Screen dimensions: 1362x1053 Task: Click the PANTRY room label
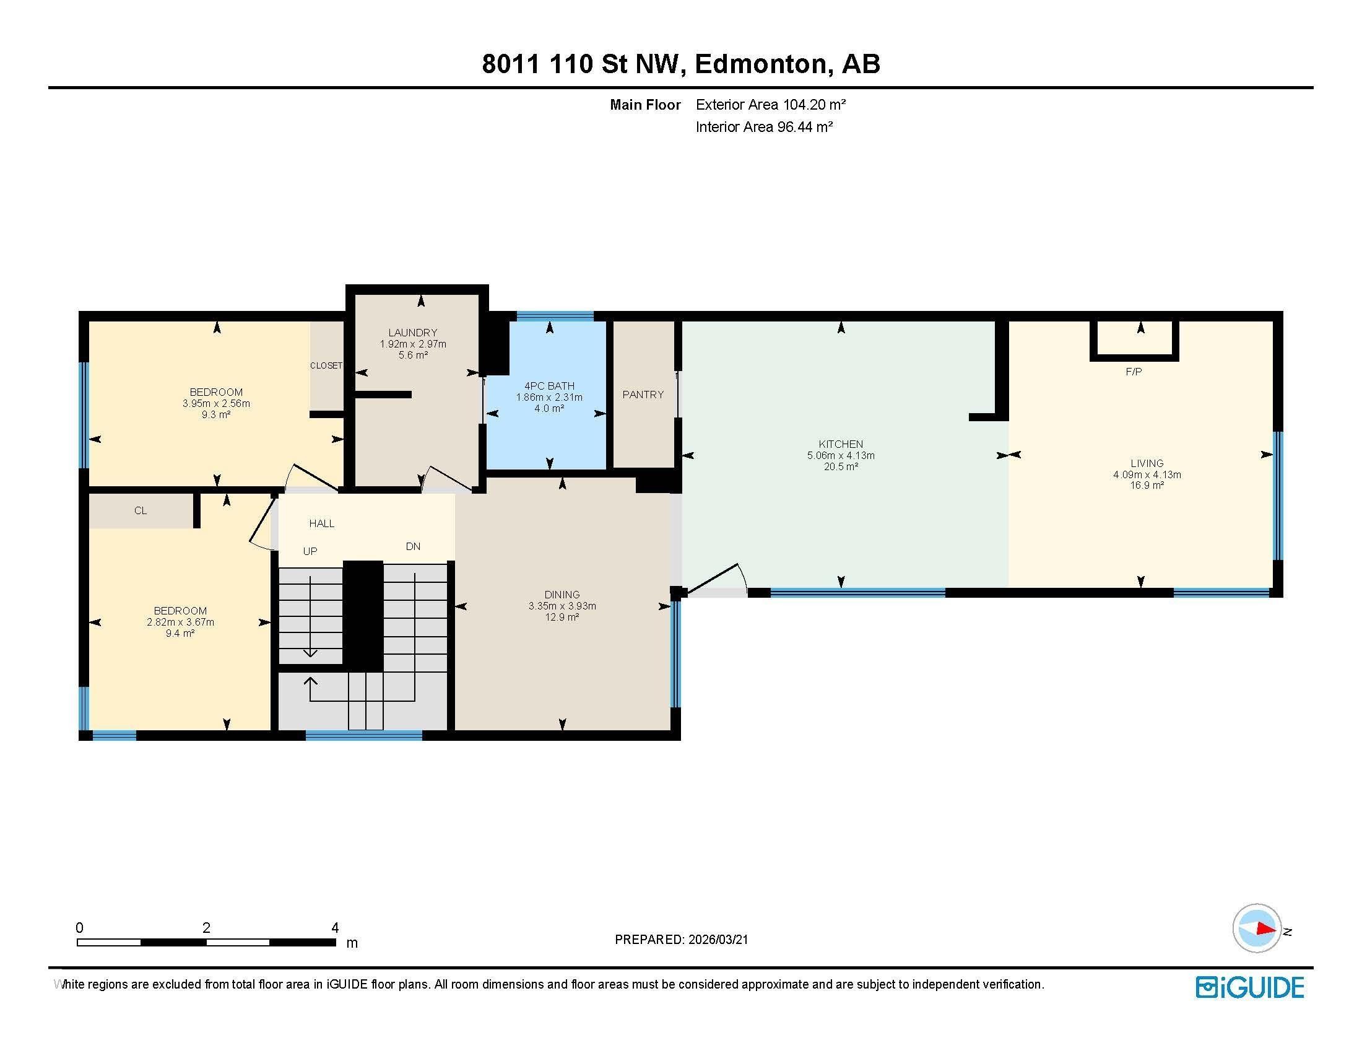(x=643, y=394)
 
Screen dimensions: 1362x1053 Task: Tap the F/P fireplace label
(x=1134, y=372)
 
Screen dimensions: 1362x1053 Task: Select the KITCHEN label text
(x=841, y=444)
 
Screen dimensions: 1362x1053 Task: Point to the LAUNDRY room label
(x=413, y=333)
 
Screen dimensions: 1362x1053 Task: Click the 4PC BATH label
(x=549, y=386)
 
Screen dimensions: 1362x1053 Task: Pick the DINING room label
(x=562, y=595)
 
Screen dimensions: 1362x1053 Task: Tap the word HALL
(x=322, y=523)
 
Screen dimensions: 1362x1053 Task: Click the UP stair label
(x=310, y=551)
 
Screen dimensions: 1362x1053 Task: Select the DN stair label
(x=413, y=546)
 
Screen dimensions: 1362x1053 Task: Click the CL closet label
(x=141, y=510)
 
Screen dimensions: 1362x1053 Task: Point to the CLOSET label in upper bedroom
(x=326, y=365)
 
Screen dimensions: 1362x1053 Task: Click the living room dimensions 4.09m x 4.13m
(x=1147, y=474)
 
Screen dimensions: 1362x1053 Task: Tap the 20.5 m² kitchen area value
(x=841, y=466)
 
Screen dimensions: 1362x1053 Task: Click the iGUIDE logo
(x=1250, y=987)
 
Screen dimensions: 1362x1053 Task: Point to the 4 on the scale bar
(x=335, y=928)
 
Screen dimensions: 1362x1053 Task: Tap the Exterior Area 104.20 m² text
(x=771, y=105)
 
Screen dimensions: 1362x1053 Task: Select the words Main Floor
(x=645, y=105)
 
